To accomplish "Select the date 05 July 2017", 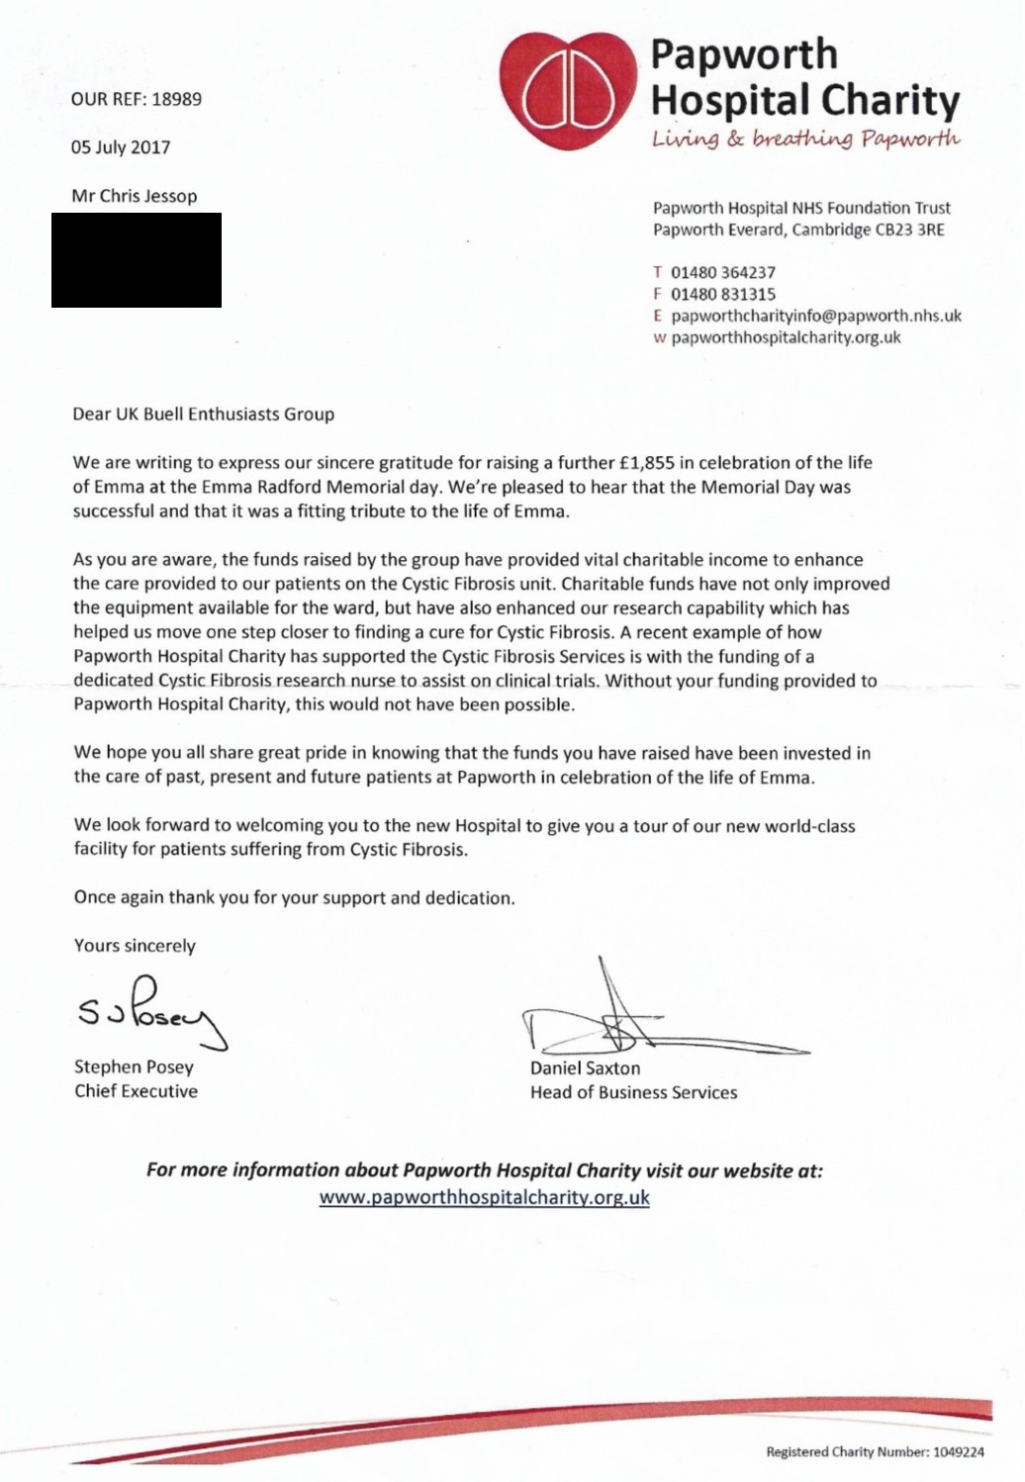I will coord(121,147).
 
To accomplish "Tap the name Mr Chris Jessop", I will coord(135,196).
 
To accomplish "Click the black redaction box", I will coord(137,260).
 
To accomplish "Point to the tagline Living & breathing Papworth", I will coord(805,139).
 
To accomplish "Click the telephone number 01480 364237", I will coord(723,272).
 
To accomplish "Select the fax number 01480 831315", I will coord(723,294).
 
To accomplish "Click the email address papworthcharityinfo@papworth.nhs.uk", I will coord(816,316).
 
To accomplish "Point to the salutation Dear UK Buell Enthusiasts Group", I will coord(204,414).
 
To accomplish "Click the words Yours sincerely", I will coord(135,946).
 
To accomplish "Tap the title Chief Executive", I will coord(136,1091).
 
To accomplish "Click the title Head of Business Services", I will coord(633,1092).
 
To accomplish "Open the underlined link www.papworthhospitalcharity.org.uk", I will coord(484,1197).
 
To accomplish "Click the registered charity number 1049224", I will coord(958,1452).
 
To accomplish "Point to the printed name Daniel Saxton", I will coord(585,1068).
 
